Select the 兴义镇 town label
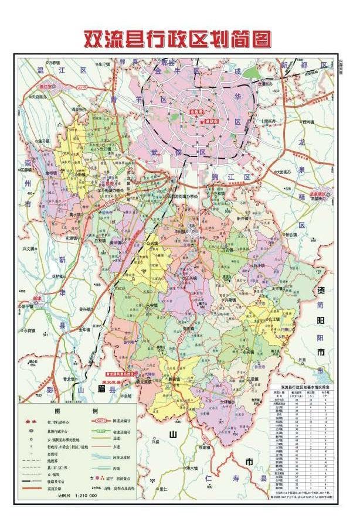pyautogui.click(x=29, y=249)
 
